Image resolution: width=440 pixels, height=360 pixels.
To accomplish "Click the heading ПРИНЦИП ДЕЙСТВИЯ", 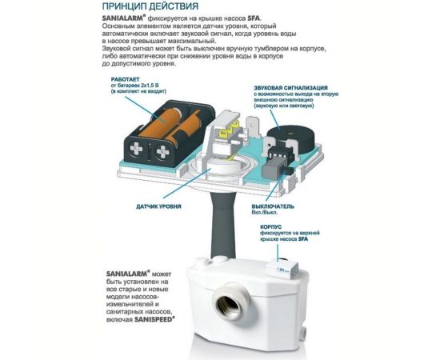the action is coord(150,6).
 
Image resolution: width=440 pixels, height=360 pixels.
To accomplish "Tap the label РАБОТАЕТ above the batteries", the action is coord(122,79).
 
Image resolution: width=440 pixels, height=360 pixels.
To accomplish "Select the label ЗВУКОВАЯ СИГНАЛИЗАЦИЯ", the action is coord(290,88).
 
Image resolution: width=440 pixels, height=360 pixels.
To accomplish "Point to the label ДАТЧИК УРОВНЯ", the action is coord(158,206).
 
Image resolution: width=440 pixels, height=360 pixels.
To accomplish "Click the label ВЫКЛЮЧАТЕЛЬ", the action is coord(273,206).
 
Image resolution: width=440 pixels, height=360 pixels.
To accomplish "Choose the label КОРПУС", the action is coord(270,226).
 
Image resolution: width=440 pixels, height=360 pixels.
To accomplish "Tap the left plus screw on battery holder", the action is coord(137,149).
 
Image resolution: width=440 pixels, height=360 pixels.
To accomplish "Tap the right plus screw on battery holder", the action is coord(162,152).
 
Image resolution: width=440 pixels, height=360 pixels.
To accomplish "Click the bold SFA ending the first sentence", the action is coord(254,18).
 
